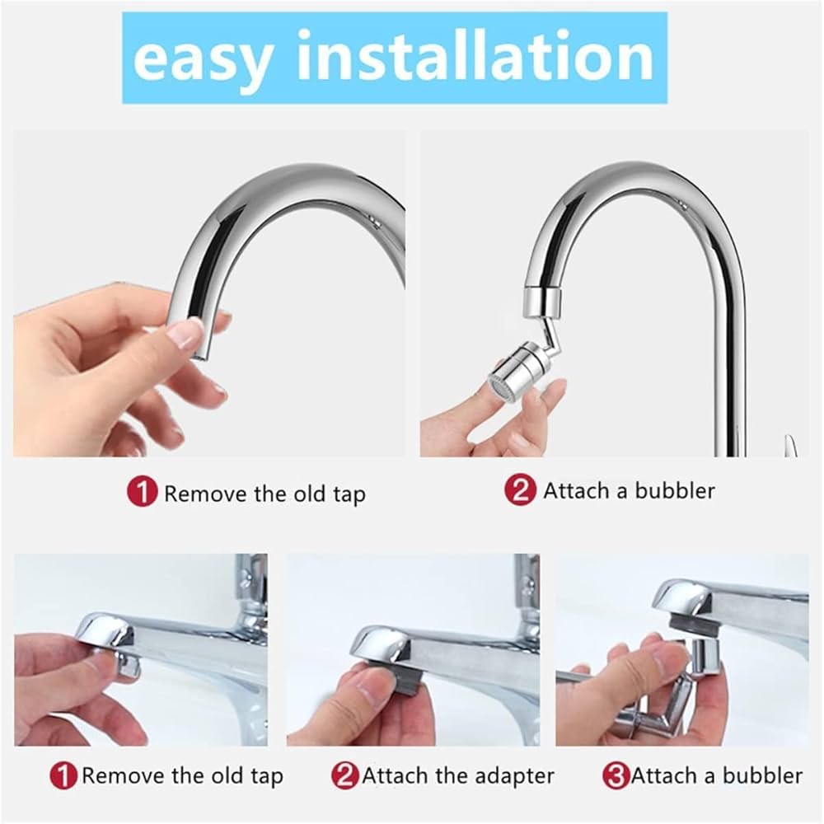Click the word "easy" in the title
[203, 59]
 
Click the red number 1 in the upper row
[142, 493]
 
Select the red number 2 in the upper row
[520, 489]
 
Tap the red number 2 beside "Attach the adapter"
[344, 775]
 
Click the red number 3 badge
[616, 775]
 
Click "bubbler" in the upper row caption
[675, 490]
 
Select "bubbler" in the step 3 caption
[762, 775]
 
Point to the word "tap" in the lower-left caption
[266, 777]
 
